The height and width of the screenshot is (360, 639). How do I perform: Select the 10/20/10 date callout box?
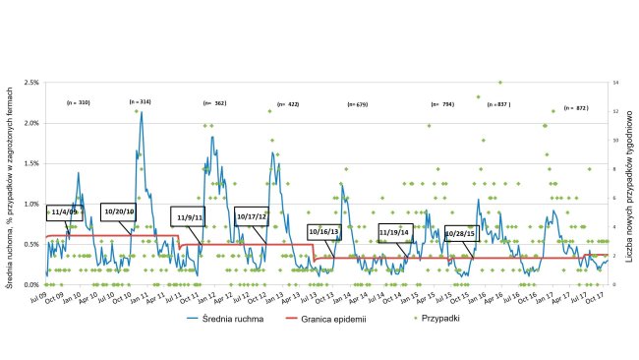tap(118, 210)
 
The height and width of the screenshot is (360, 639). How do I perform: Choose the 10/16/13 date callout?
tap(324, 232)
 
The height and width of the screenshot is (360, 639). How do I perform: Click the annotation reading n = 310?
tap(78, 102)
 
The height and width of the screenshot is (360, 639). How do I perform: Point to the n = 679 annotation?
tap(356, 104)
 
